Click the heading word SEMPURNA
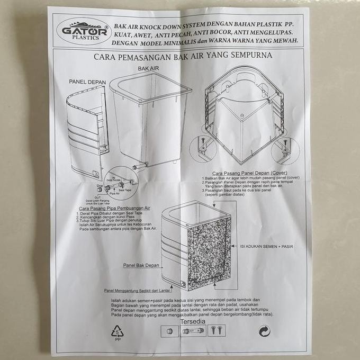[x=248, y=55]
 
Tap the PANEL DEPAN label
[x=87, y=83]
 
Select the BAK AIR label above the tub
[x=149, y=70]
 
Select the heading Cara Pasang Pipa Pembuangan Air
[x=114, y=208]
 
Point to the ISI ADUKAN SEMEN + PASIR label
[x=266, y=246]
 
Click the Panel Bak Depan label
[x=141, y=265]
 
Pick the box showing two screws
[x=216, y=330]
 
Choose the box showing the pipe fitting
[x=192, y=330]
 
